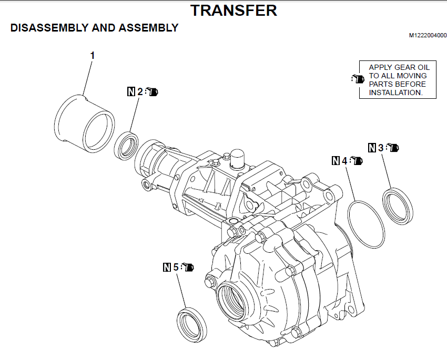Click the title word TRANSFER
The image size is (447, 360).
pos(233,10)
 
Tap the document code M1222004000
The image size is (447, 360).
pos(428,36)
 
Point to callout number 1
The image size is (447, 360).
pos(93,55)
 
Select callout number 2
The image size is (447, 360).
pos(140,91)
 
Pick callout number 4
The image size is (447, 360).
pos(345,160)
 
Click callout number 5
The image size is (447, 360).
pos(176,267)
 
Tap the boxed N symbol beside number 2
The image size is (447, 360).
pos(131,91)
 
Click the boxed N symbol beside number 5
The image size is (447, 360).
pos(167,267)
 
